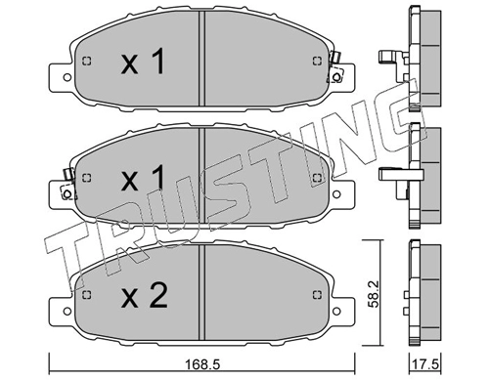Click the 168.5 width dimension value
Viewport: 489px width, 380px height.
tap(202, 364)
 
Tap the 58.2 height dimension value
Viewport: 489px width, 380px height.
tap(373, 294)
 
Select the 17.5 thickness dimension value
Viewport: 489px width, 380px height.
tap(425, 364)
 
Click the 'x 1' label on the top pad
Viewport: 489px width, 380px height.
tap(143, 62)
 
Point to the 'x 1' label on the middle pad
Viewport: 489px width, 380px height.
tap(143, 178)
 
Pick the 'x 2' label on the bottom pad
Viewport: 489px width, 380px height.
tap(144, 295)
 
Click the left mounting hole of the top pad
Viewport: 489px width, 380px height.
tap(67, 77)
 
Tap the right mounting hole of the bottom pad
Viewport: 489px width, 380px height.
tap(336, 311)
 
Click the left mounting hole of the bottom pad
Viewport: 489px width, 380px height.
tap(67, 311)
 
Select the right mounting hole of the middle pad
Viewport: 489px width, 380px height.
tap(336, 194)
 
